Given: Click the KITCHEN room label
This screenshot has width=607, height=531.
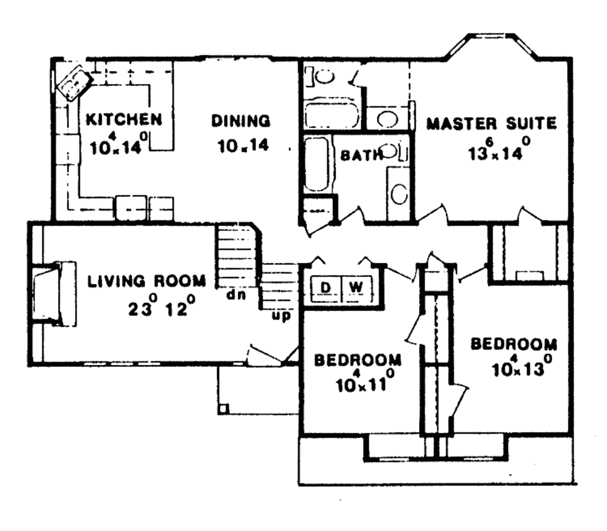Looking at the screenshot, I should coord(123,119).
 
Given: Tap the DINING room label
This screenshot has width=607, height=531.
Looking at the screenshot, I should coord(241,121).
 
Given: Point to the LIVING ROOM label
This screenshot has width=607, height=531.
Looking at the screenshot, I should coord(147,281).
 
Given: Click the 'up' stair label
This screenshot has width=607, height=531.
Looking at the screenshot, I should coord(281,316).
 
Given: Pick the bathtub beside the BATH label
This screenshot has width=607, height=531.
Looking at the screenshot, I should coord(317,164).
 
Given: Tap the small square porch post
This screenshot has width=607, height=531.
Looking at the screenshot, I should coord(223,408).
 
